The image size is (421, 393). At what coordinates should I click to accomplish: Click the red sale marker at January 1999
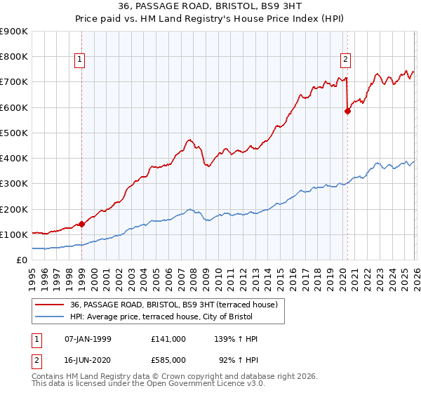click(81, 224)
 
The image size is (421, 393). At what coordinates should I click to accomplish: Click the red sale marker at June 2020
click(347, 111)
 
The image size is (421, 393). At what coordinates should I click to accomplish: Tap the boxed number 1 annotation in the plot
click(81, 60)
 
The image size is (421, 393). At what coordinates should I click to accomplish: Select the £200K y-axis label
click(14, 209)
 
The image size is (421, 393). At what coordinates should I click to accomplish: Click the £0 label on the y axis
click(21, 260)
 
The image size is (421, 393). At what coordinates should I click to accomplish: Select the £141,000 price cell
click(168, 339)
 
